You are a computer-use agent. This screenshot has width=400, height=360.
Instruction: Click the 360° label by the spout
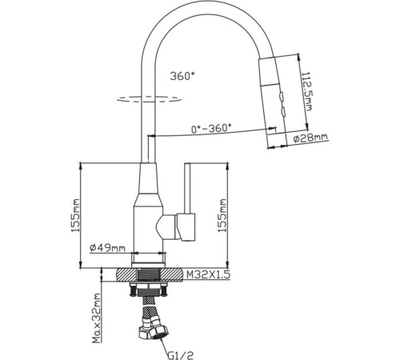tap(182, 77)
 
